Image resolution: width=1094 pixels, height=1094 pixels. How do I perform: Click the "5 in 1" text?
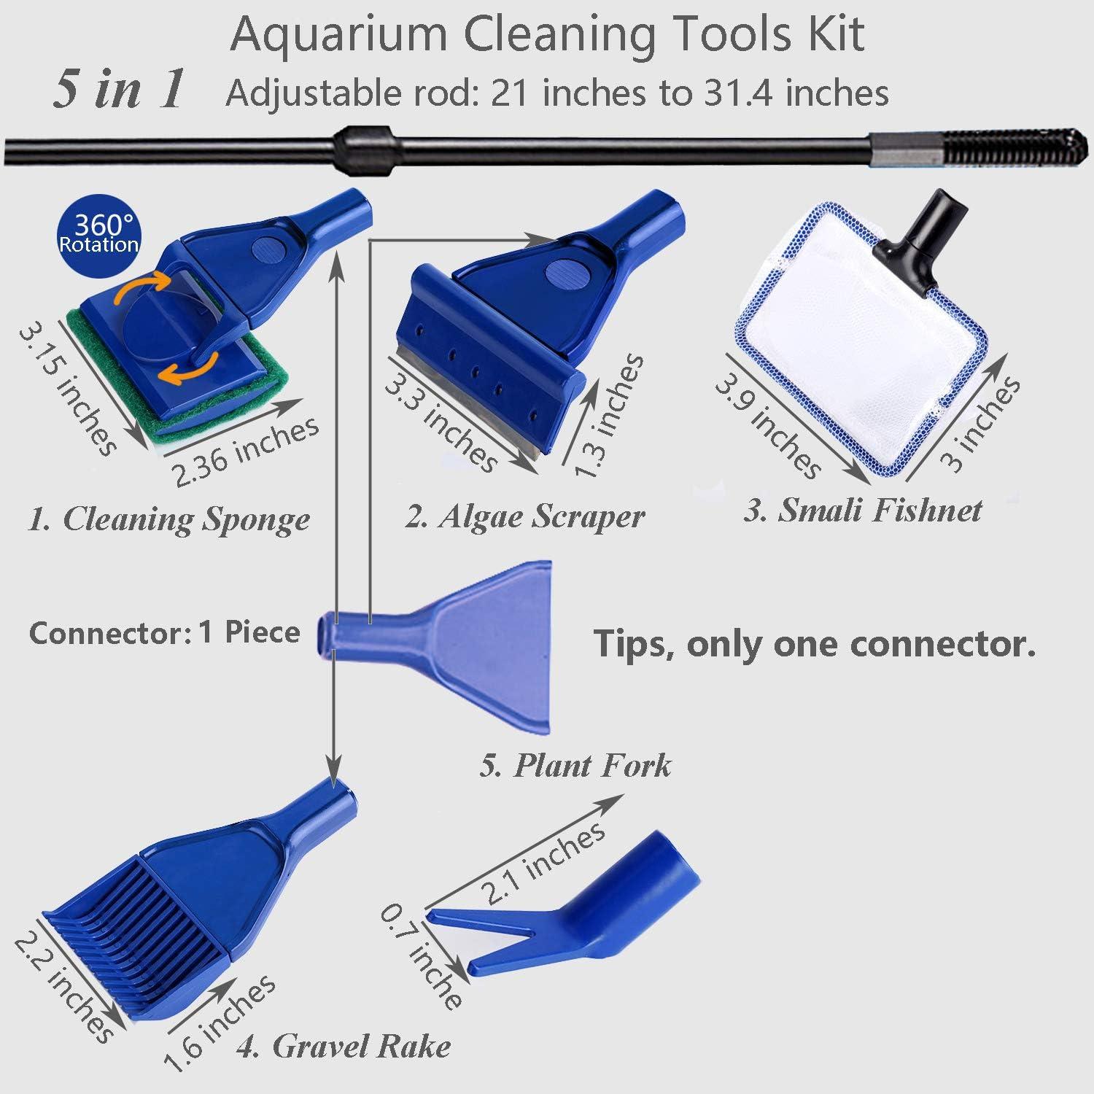pyautogui.click(x=118, y=90)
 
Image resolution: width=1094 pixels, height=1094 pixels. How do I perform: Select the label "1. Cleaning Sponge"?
pyautogui.click(x=168, y=519)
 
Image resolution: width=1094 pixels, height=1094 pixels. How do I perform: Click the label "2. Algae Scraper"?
pyautogui.click(x=525, y=516)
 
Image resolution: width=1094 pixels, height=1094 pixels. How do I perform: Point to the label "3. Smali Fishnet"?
pyautogui.click(x=863, y=510)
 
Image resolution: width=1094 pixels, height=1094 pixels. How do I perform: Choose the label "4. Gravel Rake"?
pyautogui.click(x=343, y=1047)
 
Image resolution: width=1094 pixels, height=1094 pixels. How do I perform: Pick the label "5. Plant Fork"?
pyautogui.click(x=575, y=766)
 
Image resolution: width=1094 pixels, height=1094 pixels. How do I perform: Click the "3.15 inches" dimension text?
pyautogui.click(x=67, y=390)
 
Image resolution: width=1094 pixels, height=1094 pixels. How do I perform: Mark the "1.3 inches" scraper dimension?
pyautogui.click(x=608, y=416)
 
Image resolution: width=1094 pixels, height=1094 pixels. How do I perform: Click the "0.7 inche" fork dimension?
pyautogui.click(x=422, y=955)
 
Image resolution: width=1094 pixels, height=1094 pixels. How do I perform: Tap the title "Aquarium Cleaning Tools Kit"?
pyautogui.click(x=547, y=34)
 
